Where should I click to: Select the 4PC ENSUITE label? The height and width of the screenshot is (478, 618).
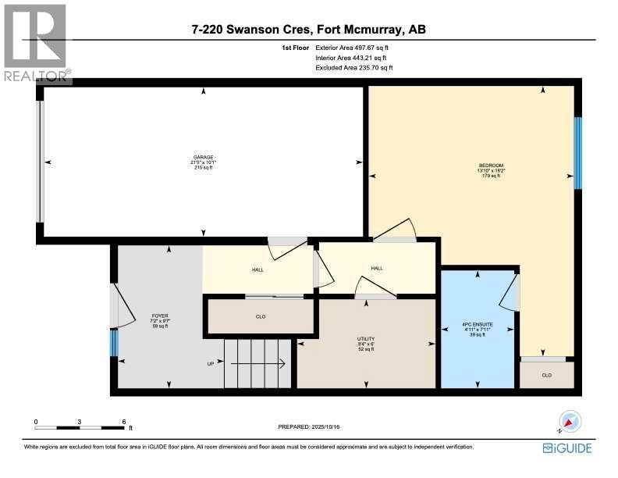(478, 330)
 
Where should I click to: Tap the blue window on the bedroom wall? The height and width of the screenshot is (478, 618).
(578, 148)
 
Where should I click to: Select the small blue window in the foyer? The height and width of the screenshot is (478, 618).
(114, 342)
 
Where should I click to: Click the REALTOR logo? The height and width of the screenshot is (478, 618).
(35, 43)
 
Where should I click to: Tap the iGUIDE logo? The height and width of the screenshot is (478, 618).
(566, 448)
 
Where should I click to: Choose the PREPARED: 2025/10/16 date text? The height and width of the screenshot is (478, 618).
(309, 426)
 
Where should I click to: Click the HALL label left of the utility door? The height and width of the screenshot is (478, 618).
(257, 270)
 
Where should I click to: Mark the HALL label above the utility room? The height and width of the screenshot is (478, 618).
(377, 269)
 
